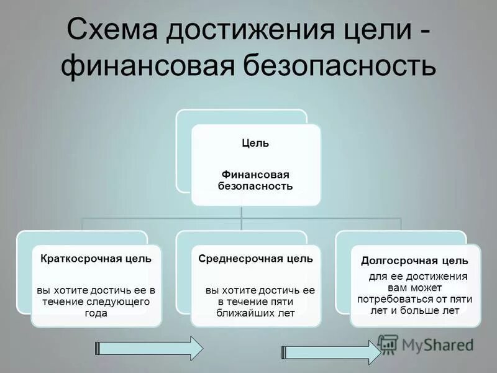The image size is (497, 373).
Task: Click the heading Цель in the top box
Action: pos(255,143)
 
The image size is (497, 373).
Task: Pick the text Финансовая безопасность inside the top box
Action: pos(255,180)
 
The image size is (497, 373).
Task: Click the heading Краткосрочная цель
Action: pos(96,258)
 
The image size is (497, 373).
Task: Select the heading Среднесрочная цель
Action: pos(255,258)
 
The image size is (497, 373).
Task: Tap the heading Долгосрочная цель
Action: pos(414,261)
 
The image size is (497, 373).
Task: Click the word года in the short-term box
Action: pos(96,313)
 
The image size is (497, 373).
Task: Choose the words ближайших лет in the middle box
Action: pos(255,313)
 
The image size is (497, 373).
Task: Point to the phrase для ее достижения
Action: pos(414,276)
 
